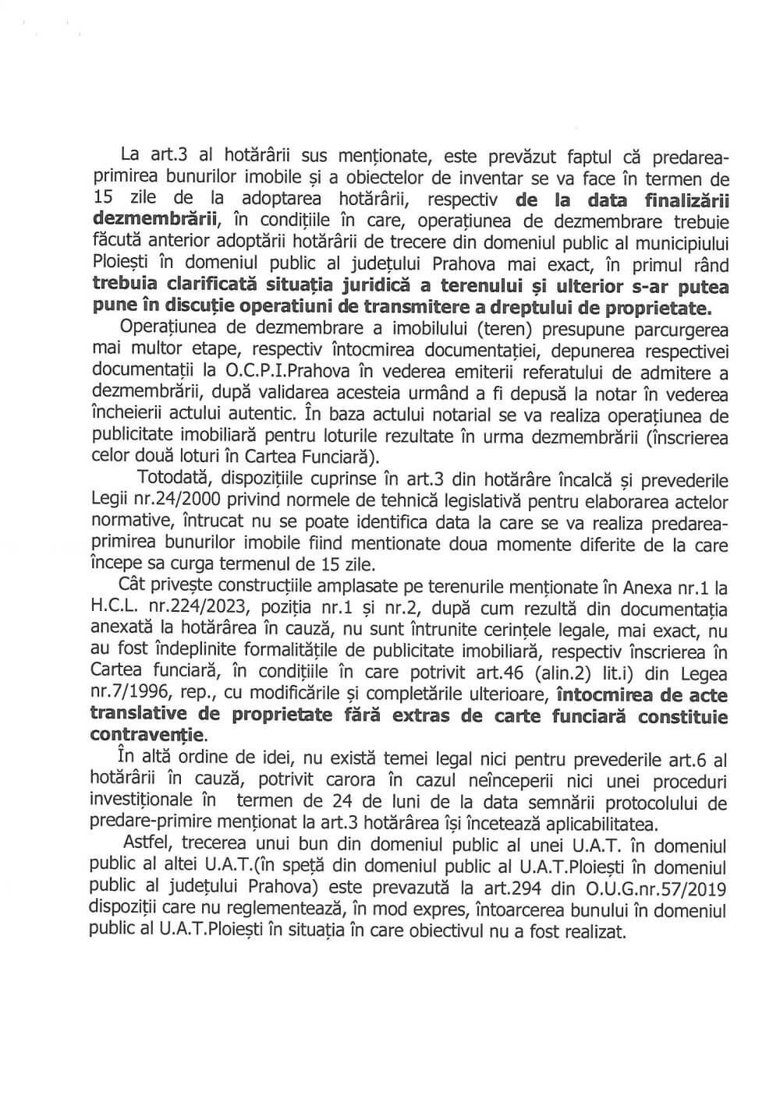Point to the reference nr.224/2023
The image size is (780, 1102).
click(x=214, y=608)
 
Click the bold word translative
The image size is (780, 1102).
click(x=139, y=715)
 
